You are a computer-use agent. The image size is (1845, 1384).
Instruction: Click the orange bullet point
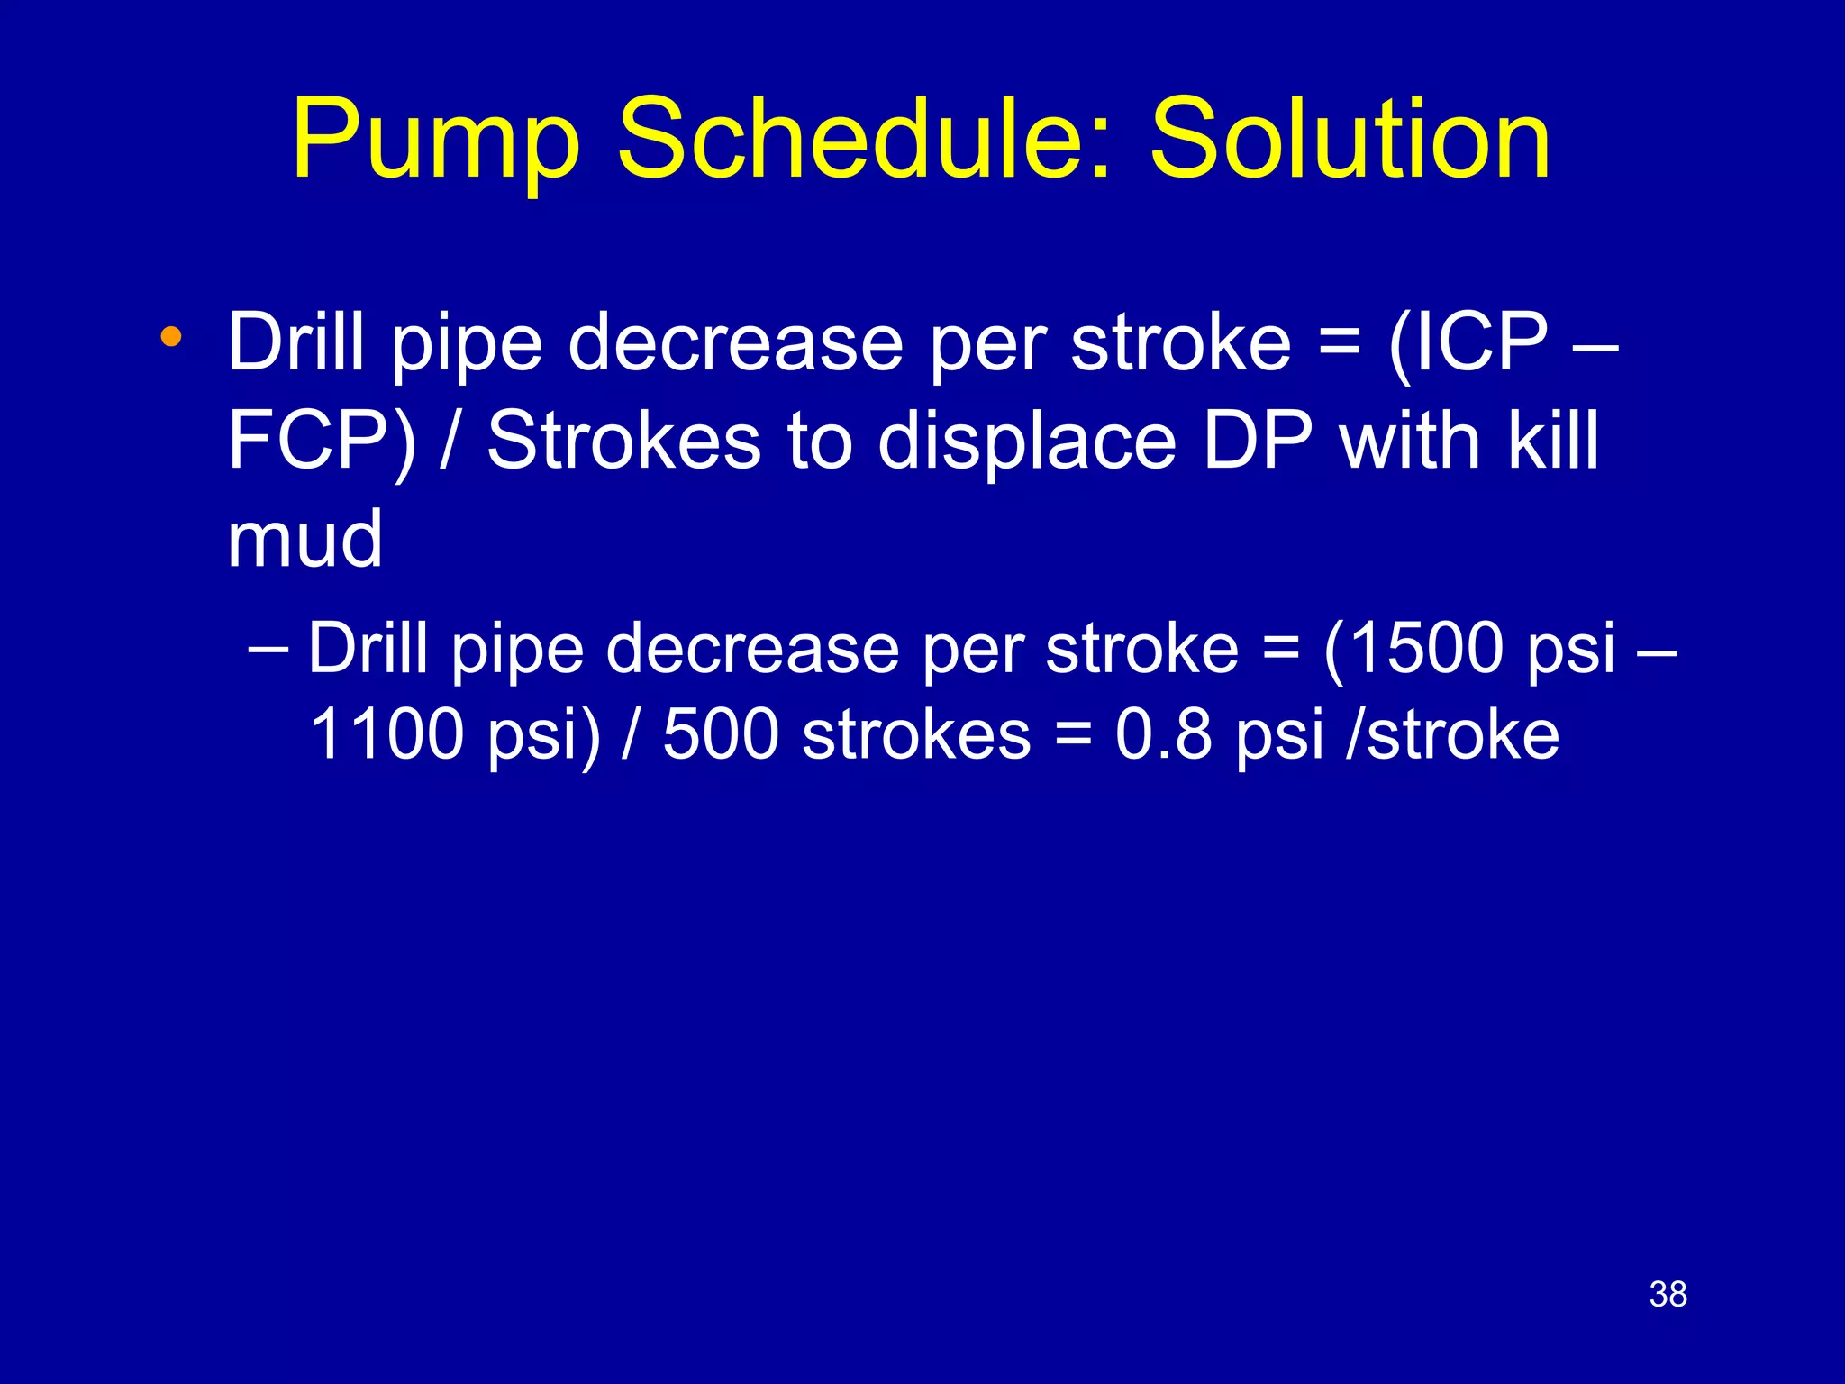(x=170, y=339)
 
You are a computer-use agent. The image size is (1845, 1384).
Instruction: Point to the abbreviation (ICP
(x=1468, y=344)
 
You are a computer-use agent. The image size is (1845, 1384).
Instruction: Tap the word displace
(x=1026, y=442)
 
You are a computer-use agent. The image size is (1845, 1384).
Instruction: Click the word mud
(x=304, y=540)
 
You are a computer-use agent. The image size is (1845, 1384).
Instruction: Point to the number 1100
(x=386, y=734)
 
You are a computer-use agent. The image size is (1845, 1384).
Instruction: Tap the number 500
(x=721, y=734)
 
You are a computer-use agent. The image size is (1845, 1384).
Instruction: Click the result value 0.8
(x=1163, y=734)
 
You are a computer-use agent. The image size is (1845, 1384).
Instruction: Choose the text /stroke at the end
(x=1451, y=734)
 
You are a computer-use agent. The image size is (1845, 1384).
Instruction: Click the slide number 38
(x=1668, y=1295)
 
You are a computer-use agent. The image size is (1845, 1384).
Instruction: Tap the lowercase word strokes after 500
(x=916, y=734)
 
